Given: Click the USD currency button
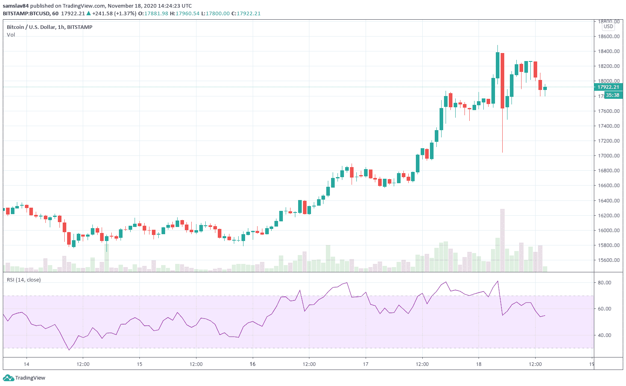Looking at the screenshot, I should [x=608, y=27].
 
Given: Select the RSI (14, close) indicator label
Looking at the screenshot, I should [x=24, y=280].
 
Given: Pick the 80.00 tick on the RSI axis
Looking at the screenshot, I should [x=604, y=283].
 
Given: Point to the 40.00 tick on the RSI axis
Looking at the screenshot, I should [x=604, y=335].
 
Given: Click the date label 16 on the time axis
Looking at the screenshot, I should [x=252, y=364].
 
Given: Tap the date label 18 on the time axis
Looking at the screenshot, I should [x=479, y=364].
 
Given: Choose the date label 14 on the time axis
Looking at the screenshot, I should [x=27, y=364].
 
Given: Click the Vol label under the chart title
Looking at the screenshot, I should [x=11, y=35].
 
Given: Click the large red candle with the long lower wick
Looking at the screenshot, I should [x=502, y=81].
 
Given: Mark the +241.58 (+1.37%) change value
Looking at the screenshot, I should [x=114, y=13].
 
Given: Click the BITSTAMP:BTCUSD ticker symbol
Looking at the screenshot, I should [x=27, y=13].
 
